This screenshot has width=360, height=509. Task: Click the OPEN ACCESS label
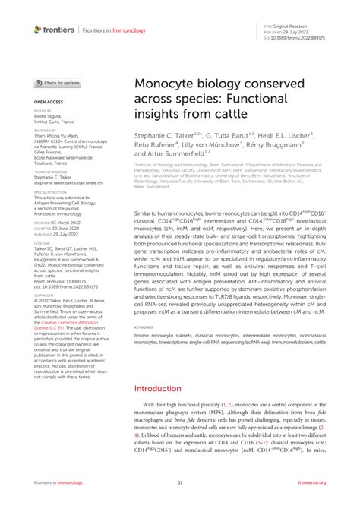coord(46,100)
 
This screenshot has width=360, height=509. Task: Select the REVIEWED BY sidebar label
coord(46,130)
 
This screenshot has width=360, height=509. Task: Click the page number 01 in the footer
coord(180,482)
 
